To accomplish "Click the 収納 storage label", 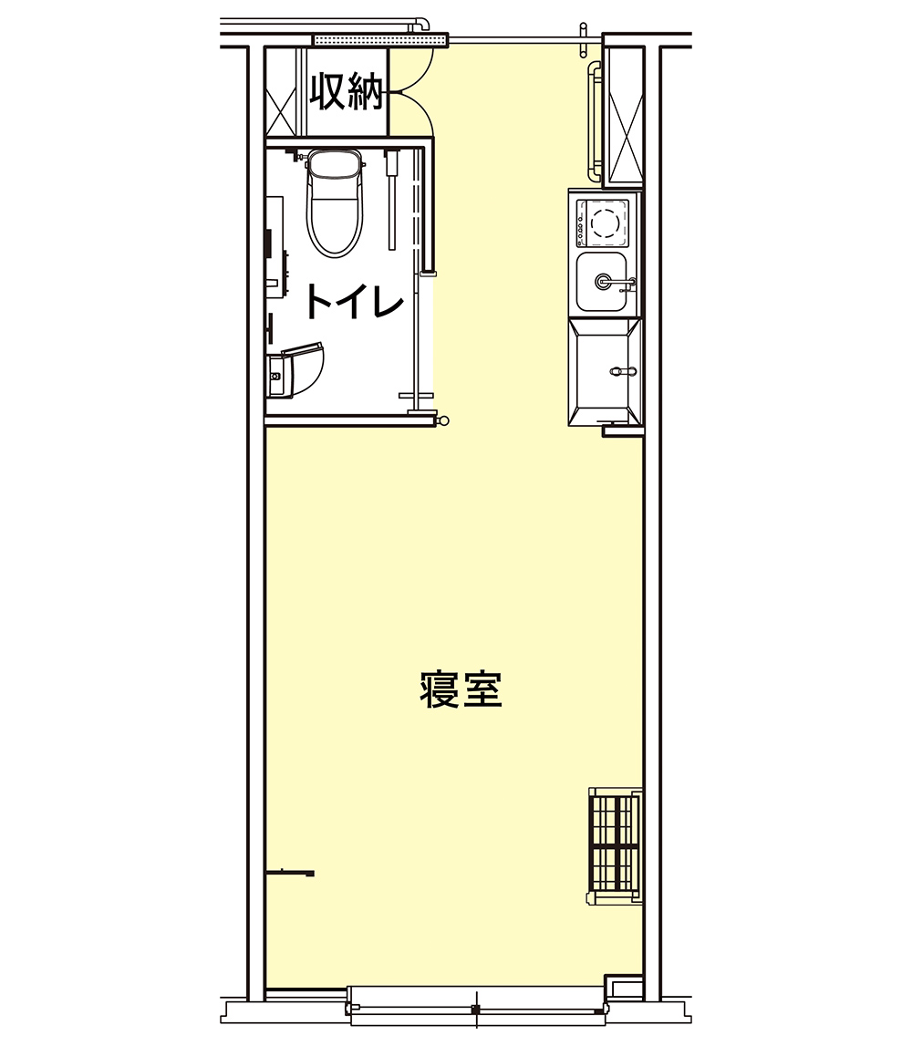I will (x=347, y=90).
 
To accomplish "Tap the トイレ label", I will (x=354, y=302).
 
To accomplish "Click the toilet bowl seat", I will (x=333, y=217).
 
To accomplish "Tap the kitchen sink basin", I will (x=601, y=283).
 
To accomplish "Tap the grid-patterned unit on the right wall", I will (x=614, y=844).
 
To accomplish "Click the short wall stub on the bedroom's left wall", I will (x=290, y=874).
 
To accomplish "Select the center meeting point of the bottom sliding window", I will (x=474, y=1009).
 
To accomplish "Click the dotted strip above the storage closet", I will (x=379, y=40).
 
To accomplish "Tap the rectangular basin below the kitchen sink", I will (x=603, y=372).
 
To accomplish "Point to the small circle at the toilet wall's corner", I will (x=444, y=419).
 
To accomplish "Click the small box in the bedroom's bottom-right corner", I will (x=625, y=989).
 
